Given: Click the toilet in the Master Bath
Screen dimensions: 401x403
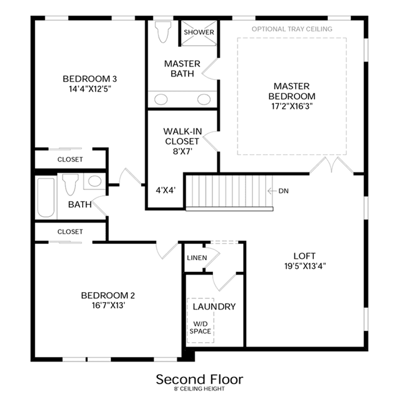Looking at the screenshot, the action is (163, 31).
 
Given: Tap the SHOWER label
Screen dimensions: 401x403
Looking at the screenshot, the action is (199, 32).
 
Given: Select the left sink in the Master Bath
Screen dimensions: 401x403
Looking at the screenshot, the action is (161, 99).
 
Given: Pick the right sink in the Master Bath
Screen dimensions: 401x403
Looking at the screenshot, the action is (204, 99).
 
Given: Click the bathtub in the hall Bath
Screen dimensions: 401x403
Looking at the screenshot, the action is (46, 197).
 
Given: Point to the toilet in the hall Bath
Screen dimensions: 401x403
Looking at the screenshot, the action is (70, 184).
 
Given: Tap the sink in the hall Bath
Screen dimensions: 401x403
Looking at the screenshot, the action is (95, 181).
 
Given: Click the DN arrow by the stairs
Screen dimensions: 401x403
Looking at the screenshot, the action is (272, 191).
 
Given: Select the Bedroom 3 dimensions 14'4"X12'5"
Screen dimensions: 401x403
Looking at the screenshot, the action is (90, 89).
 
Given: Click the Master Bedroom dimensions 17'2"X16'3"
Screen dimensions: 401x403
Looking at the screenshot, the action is (292, 106).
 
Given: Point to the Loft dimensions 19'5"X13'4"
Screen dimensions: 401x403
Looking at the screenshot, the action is (305, 266).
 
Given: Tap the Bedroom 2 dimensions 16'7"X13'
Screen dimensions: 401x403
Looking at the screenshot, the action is (108, 305).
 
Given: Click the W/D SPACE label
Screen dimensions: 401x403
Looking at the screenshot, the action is (200, 327).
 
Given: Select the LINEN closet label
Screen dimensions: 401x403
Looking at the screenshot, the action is (197, 258).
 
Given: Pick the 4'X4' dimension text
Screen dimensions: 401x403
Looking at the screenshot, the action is (165, 190).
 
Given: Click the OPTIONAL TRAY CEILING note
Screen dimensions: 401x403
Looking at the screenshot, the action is (292, 29).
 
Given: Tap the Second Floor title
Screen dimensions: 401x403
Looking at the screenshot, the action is (200, 380).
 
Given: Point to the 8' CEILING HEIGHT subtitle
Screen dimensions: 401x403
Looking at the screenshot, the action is (200, 389).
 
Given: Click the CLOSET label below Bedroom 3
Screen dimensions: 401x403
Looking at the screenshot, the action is (70, 159).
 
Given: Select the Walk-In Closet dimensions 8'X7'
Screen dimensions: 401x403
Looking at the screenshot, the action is (183, 152).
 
